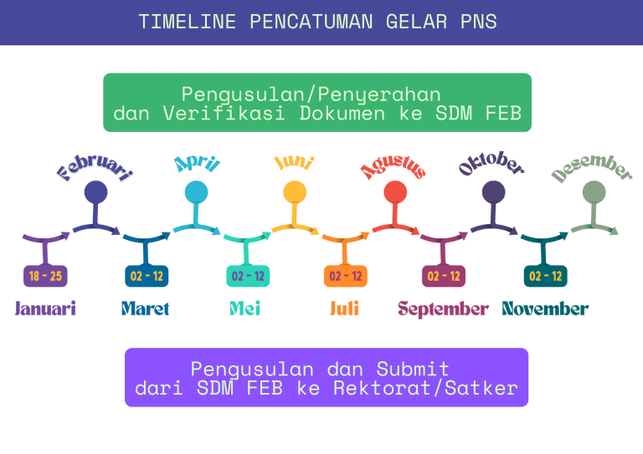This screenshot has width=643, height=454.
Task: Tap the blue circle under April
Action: click(x=196, y=192)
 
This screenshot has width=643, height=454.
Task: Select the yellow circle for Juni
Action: click(x=295, y=192)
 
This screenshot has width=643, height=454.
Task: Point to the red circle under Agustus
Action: click(x=395, y=192)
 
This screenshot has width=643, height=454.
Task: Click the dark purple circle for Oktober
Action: click(x=494, y=192)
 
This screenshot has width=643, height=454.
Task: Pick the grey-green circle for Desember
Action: click(x=594, y=192)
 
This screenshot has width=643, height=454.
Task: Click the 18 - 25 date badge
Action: click(x=45, y=276)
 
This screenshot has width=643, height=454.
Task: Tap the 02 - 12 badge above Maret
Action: click(x=147, y=276)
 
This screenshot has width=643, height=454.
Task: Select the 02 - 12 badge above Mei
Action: click(x=248, y=276)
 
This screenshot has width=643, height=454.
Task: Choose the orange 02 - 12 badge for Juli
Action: click(x=346, y=276)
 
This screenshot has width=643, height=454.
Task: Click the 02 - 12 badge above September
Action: click(x=444, y=276)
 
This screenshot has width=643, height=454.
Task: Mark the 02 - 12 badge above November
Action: click(x=546, y=276)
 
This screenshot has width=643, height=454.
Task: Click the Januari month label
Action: click(x=45, y=309)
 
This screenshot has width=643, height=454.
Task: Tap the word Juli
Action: click(x=344, y=309)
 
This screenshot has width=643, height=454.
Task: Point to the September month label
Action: click(x=443, y=309)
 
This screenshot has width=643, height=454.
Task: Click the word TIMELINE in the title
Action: click(x=188, y=22)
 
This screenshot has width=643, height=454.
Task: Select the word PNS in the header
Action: click(x=479, y=22)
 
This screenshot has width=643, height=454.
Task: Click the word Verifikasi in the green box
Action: click(x=224, y=113)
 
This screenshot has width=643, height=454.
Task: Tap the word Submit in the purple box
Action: click(x=413, y=369)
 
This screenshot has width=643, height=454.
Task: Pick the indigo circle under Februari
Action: click(x=96, y=192)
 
